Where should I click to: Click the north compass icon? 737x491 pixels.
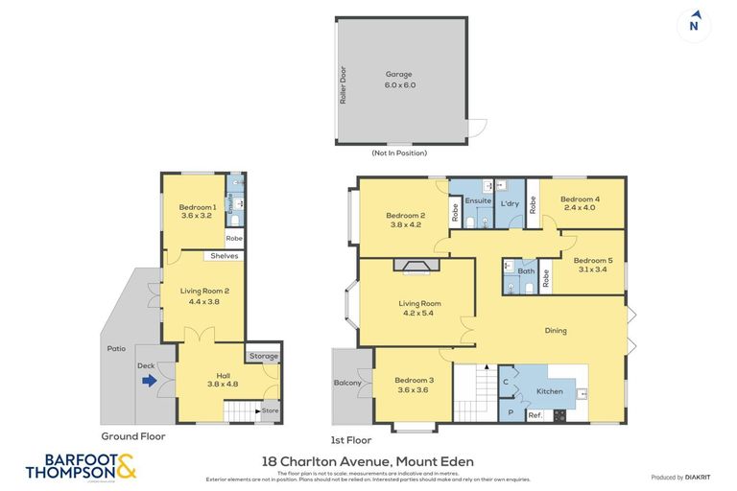694,24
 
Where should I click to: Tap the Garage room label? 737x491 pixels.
401,79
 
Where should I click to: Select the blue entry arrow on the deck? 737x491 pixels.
149,381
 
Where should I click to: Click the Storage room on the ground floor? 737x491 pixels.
263,357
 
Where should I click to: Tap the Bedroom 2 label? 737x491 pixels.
405,220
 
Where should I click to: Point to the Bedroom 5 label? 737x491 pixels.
591,264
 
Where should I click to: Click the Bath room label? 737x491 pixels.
525,270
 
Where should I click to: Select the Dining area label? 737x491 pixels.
555,331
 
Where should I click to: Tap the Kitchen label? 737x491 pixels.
548,391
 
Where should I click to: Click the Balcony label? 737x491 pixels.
348,384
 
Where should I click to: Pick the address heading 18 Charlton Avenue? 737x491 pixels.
368,461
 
